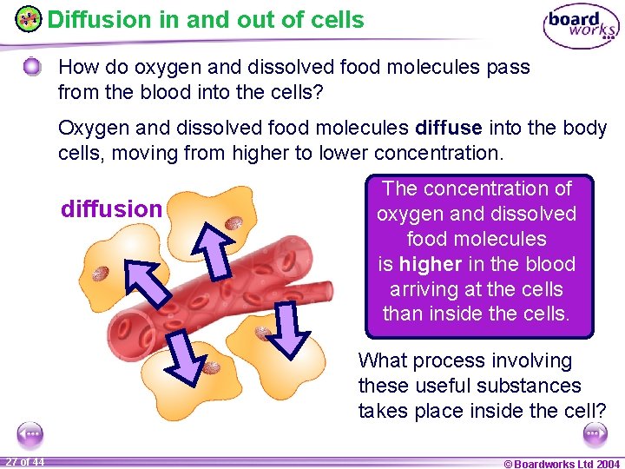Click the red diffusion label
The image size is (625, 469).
pyautogui.click(x=111, y=209)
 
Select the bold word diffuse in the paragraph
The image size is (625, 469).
pyautogui.click(x=449, y=129)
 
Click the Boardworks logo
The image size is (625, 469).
pyautogui.click(x=581, y=26)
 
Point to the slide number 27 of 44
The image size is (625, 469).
pyautogui.click(x=24, y=461)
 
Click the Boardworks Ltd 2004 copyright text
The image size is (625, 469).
pyautogui.click(x=562, y=463)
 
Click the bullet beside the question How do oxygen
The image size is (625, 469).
pyautogui.click(x=32, y=67)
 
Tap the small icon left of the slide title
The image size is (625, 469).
pyautogui.click(x=29, y=19)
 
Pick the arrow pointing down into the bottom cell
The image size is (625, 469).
pyautogui.click(x=187, y=360)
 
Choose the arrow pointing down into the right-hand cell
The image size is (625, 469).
pyautogui.click(x=289, y=331)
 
